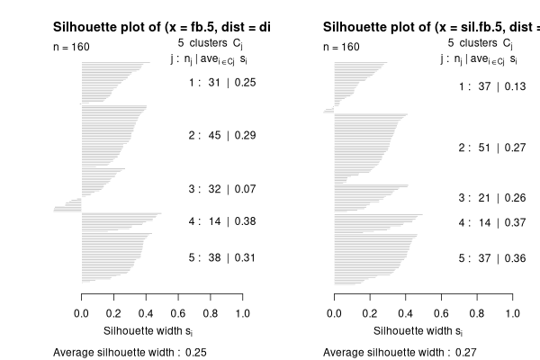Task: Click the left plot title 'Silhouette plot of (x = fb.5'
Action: [x=162, y=28]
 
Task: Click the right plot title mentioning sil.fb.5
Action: [x=432, y=28]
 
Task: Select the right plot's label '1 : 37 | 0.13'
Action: [x=492, y=86]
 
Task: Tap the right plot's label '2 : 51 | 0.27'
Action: [x=492, y=147]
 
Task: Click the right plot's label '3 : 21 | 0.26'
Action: [x=492, y=197]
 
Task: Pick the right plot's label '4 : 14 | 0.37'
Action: [x=492, y=222]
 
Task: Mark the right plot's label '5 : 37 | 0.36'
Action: [x=492, y=258]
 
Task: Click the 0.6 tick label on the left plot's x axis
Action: [x=178, y=313]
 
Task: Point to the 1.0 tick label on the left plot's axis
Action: [x=242, y=313]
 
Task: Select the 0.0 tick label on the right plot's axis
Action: [x=336, y=313]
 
